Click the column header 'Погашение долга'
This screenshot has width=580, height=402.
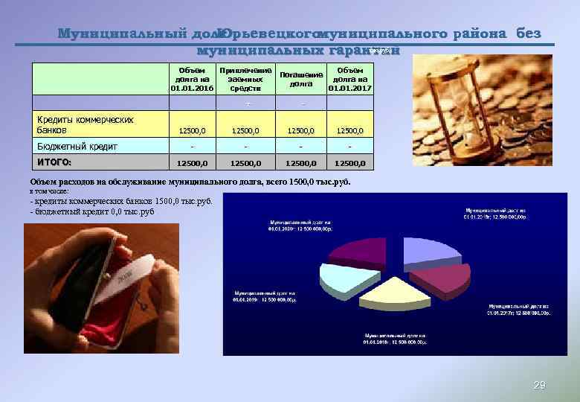click(301, 80)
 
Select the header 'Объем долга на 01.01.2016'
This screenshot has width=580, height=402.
click(192, 79)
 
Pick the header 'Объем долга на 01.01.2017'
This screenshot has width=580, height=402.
click(349, 79)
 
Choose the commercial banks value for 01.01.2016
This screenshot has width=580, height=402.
click(193, 131)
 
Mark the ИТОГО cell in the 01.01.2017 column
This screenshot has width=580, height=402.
click(349, 162)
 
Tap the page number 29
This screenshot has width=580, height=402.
click(540, 385)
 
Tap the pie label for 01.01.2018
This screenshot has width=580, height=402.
click(395, 339)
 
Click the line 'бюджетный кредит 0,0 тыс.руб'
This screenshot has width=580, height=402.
click(92, 211)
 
